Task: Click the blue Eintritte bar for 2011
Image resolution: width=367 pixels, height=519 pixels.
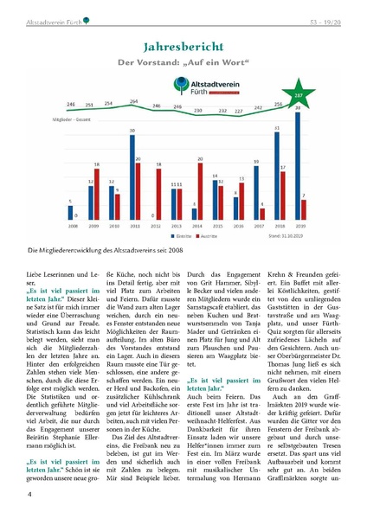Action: [x=132, y=176]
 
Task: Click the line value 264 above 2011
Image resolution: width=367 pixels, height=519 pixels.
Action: [x=133, y=101]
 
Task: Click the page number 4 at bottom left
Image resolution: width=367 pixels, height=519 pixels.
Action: [x=30, y=494]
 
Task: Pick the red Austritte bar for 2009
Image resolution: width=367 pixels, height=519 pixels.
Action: [x=97, y=192]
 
